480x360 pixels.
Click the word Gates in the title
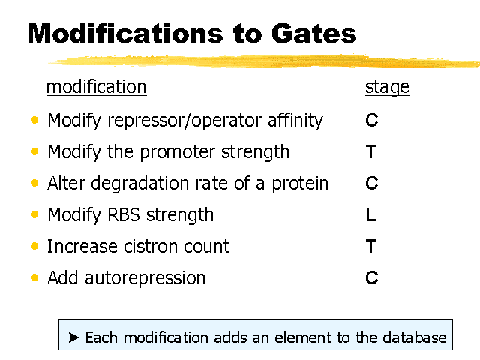point(313,33)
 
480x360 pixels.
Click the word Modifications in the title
point(125,33)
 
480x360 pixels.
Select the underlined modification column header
point(97,87)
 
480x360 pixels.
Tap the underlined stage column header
point(387,88)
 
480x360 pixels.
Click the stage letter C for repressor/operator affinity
point(372,120)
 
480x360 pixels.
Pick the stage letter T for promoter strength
point(370,151)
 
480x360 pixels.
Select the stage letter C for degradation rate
point(372,183)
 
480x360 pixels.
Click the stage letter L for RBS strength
point(370,214)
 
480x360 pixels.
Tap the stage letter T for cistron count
point(370,246)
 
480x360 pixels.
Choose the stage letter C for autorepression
point(372,277)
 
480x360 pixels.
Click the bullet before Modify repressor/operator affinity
point(34,120)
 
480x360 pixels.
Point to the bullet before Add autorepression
point(34,277)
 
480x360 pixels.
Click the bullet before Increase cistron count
point(34,246)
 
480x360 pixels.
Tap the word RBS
point(124,214)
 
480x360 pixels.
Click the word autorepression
point(145,278)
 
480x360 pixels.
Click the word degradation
point(140,184)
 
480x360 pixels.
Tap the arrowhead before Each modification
point(73,337)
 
